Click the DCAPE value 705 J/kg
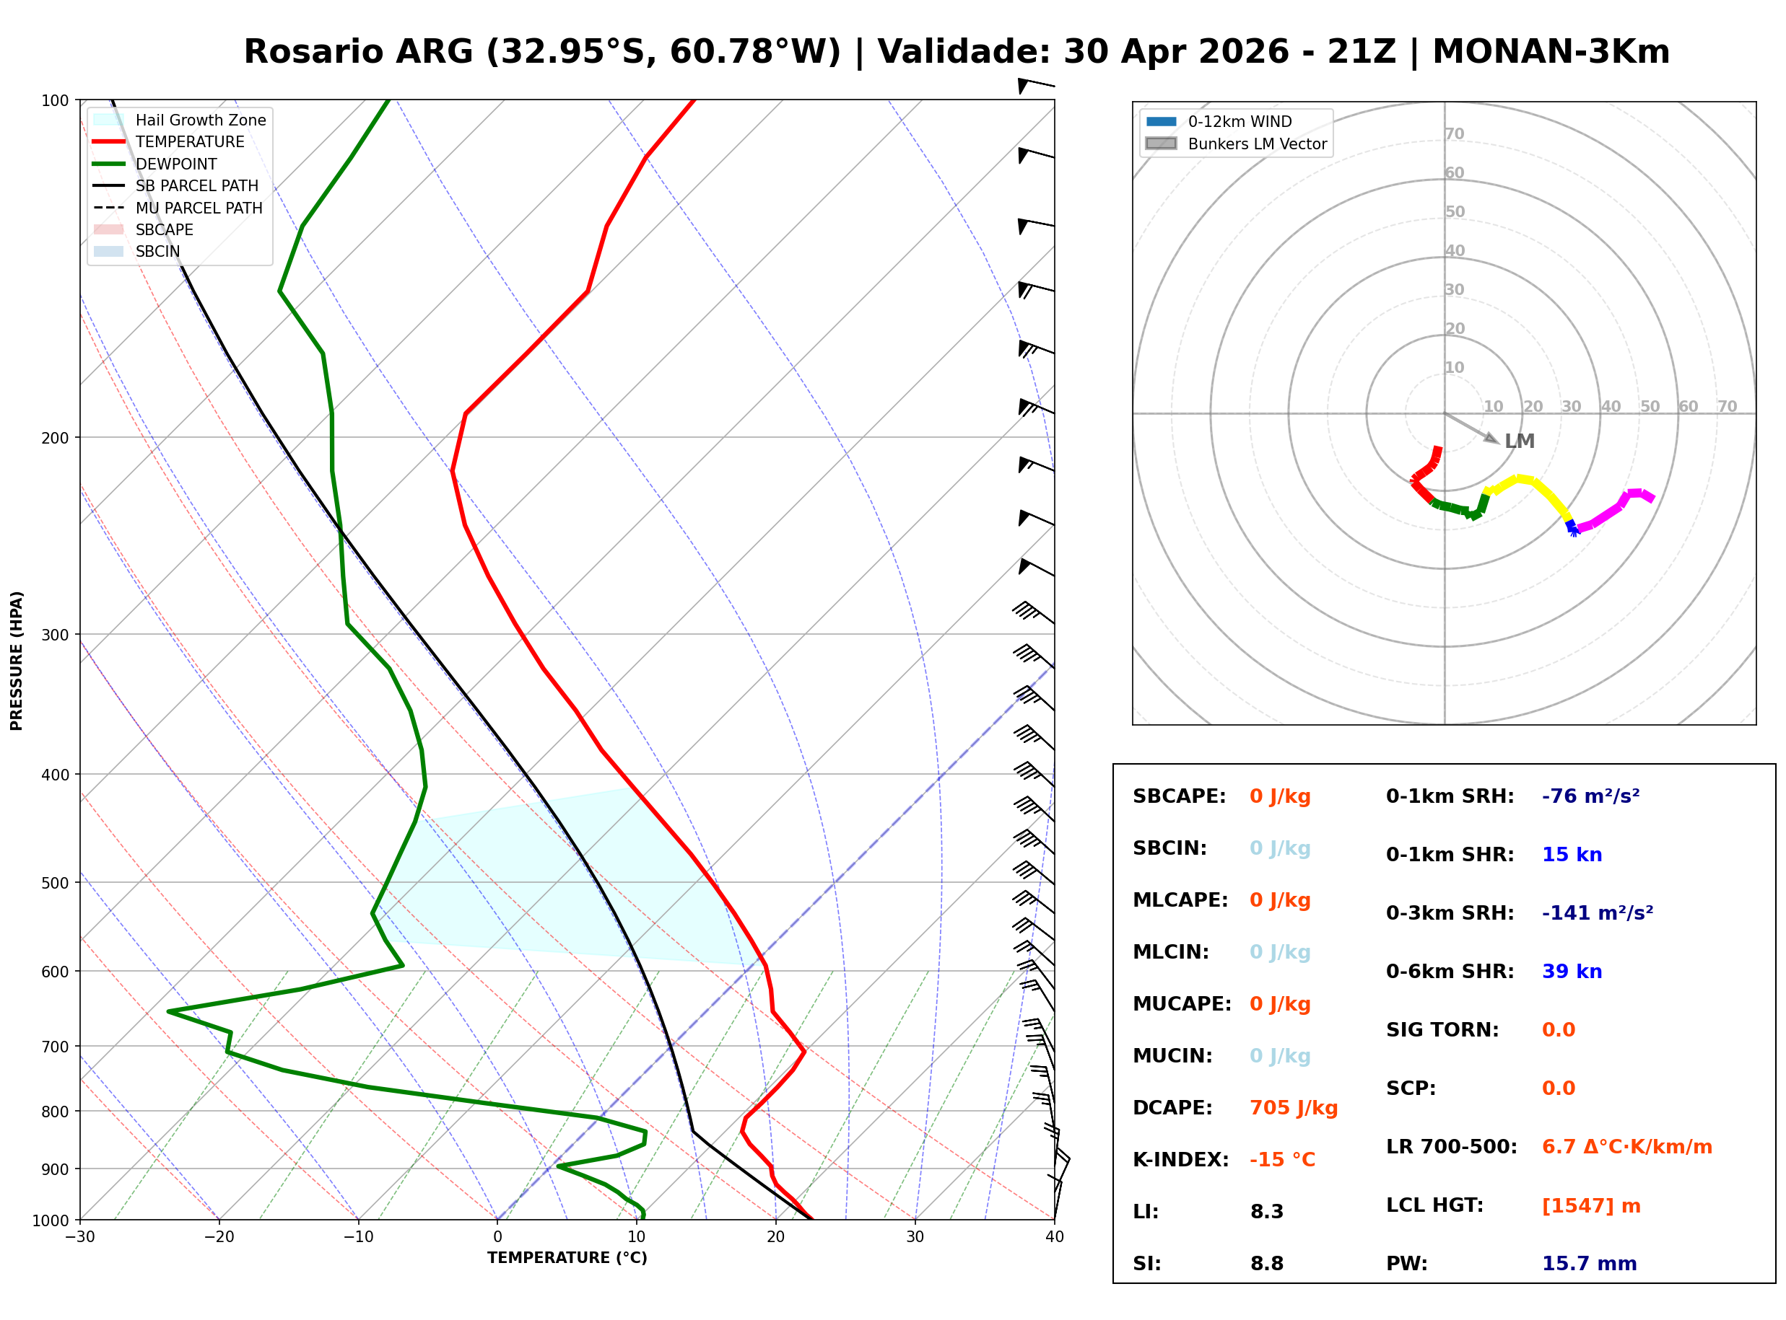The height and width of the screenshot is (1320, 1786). coord(1293,1108)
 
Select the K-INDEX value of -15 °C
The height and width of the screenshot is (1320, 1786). coord(1281,1160)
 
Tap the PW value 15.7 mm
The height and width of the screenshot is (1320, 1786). coord(1588,1264)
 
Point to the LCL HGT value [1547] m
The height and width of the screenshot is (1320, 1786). coord(1590,1206)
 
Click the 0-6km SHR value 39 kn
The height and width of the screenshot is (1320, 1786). coord(1571,972)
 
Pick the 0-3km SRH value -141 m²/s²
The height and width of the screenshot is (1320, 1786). coord(1597,913)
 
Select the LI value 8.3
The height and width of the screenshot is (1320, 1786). coord(1266,1212)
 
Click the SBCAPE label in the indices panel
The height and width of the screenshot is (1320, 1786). coord(1178,796)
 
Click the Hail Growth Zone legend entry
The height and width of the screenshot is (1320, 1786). coord(200,120)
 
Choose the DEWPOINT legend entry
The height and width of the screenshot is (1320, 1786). coord(176,164)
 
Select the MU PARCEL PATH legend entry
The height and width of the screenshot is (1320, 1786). coord(199,208)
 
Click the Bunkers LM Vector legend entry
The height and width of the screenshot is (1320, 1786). coord(1257,144)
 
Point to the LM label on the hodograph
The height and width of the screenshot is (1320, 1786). coord(1519,441)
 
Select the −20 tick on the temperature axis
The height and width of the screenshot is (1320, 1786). coord(218,1237)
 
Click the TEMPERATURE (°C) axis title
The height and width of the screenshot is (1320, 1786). coord(567,1258)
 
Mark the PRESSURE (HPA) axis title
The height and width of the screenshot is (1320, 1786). coord(17,660)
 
